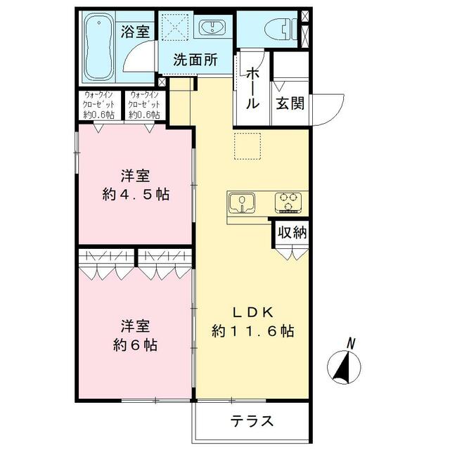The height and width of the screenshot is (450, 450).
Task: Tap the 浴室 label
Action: (135, 31)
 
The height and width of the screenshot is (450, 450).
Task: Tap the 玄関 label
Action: (290, 103)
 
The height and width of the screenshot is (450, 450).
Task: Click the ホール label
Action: (252, 87)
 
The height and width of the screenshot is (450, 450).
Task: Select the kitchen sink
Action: (242, 202)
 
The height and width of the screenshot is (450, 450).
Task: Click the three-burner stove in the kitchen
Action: (288, 202)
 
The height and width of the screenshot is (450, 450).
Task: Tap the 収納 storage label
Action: (292, 232)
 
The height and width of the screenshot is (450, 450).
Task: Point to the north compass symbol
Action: (344, 366)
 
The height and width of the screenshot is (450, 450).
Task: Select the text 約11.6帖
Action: (253, 331)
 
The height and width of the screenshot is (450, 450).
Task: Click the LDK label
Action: (253, 312)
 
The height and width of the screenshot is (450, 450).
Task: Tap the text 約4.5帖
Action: (136, 195)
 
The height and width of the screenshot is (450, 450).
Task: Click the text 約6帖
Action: (135, 345)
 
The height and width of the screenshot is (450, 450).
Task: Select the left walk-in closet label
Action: (98, 105)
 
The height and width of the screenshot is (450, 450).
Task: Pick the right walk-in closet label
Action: (144, 105)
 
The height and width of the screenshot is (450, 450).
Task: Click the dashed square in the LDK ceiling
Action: (247, 146)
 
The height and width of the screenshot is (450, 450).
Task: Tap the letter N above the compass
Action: (351, 344)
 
